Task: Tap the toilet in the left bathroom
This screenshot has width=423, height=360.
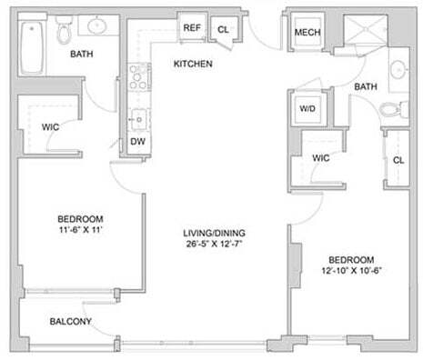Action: [x=65, y=33]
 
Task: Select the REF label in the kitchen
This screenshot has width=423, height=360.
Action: [x=192, y=28]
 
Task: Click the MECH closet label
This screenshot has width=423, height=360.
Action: [x=305, y=35]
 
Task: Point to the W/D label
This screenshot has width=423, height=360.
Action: [x=307, y=109]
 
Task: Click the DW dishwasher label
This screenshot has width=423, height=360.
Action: [x=138, y=142]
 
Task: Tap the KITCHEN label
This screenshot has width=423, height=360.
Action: [x=193, y=65]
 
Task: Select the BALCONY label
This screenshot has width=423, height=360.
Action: [x=69, y=322]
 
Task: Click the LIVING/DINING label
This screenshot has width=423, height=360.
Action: [x=214, y=233]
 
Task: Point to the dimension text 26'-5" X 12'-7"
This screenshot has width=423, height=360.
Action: [x=214, y=244]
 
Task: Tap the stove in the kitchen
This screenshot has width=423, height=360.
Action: [x=139, y=76]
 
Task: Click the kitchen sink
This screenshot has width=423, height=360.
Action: [x=139, y=117]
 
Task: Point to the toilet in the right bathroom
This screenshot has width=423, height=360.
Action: [x=389, y=111]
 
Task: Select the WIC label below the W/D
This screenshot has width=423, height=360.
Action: [x=319, y=157]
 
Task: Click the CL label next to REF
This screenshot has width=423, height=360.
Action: [x=223, y=29]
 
